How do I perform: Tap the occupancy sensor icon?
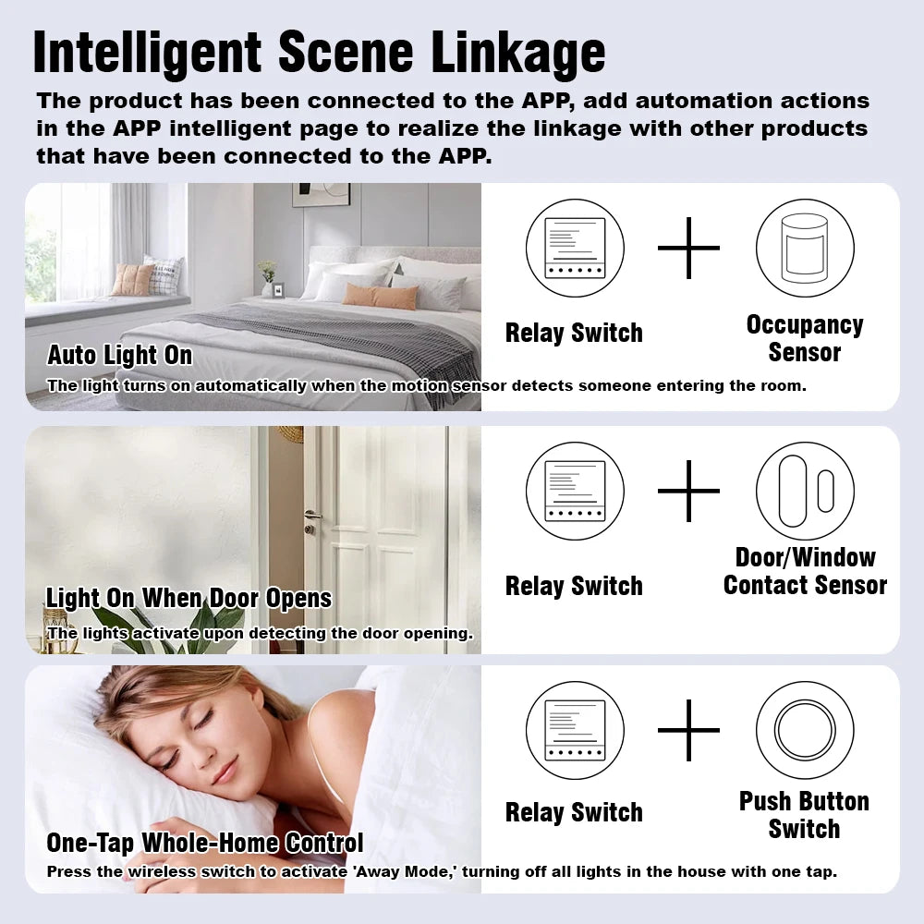[x=804, y=248]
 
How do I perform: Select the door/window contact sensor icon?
[x=804, y=491]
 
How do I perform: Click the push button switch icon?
[x=804, y=730]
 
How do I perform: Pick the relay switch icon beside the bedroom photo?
[x=575, y=248]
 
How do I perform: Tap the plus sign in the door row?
[x=688, y=491]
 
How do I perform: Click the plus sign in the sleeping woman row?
[x=688, y=730]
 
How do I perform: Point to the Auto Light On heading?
[x=120, y=356]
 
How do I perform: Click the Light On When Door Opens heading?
[x=188, y=599]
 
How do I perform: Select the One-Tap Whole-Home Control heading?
[x=204, y=843]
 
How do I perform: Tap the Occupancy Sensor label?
[x=804, y=338]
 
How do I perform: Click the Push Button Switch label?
[x=804, y=814]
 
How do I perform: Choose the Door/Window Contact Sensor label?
[x=804, y=571]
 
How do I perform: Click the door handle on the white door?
[x=313, y=515]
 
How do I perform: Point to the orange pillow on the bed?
[x=381, y=296]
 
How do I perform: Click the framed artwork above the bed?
[x=321, y=194]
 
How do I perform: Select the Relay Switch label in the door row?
[x=574, y=586]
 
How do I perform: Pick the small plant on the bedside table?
[x=267, y=272]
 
